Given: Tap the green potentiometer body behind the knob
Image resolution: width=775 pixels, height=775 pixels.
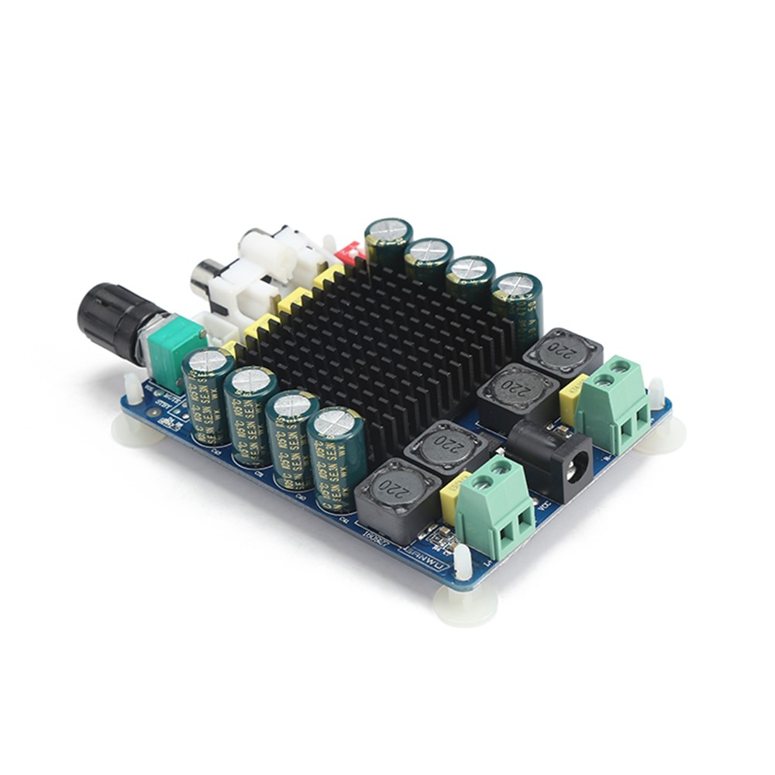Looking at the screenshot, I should [x=174, y=353].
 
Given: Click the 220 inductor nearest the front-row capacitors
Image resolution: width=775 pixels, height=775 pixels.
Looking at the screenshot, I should [x=391, y=496].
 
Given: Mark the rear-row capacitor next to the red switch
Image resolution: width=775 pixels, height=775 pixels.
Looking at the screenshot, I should [x=387, y=240].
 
